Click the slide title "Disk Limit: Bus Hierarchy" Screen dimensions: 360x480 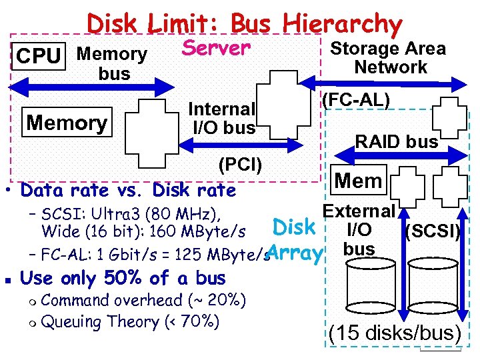pos(245,24)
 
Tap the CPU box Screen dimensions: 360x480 pos(38,57)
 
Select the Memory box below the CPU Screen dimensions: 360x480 pos(66,123)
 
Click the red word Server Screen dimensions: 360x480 pos(216,48)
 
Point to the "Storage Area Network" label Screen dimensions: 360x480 pos(388,57)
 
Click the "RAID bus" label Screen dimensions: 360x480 pos(397,141)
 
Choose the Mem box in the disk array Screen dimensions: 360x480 pos(358,180)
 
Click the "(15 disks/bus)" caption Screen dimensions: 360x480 pos(395,333)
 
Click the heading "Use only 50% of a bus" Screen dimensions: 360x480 pos(124,277)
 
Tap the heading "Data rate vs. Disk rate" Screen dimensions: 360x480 pos(129,191)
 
